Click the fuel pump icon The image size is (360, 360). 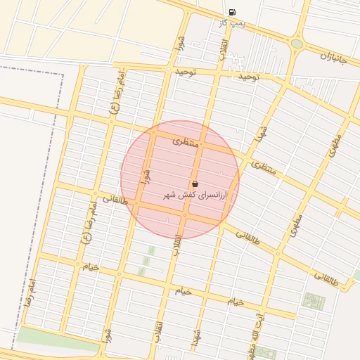tap(232, 12)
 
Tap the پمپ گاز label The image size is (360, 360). tap(233, 23)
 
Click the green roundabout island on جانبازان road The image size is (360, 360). tap(297, 44)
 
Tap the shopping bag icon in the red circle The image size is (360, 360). tap(195, 184)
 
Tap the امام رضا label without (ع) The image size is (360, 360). tap(31, 289)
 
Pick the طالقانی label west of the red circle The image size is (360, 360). tap(116, 199)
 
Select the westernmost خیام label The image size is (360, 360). tap(91, 267)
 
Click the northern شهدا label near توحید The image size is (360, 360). tap(262, 132)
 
